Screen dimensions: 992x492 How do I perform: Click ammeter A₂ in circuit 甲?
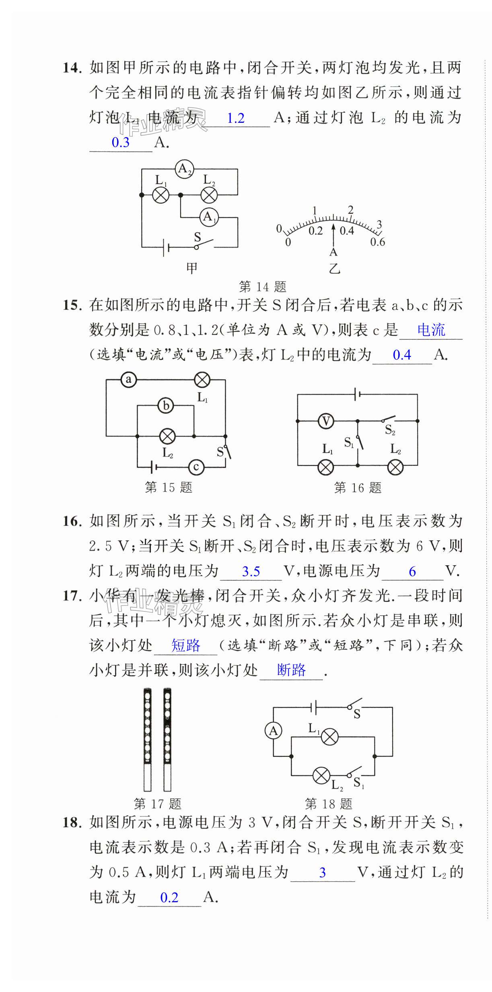184,169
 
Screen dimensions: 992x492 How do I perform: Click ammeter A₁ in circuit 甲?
209,217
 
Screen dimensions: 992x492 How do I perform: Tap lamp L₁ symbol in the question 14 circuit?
161,195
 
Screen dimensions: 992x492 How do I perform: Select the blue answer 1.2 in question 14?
236,118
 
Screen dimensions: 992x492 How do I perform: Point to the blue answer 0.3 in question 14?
121,143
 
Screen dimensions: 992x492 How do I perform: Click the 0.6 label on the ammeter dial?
377,242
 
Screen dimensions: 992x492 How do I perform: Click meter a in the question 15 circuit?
129,380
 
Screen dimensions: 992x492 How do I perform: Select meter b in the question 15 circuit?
166,405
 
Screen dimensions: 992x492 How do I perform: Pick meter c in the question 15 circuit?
196,467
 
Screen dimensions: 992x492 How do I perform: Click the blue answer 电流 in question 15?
431,331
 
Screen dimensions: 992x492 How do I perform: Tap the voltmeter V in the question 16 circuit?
326,421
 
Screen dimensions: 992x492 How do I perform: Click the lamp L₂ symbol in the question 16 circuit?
395,467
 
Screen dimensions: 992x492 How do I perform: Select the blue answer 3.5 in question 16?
251,572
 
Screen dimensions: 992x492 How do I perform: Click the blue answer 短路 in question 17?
185,646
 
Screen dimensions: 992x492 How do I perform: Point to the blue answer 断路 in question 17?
291,670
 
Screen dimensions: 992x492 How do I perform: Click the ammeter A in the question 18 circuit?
274,731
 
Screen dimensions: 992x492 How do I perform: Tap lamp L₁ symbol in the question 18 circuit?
330,737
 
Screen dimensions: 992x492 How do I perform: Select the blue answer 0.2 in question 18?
169,897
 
